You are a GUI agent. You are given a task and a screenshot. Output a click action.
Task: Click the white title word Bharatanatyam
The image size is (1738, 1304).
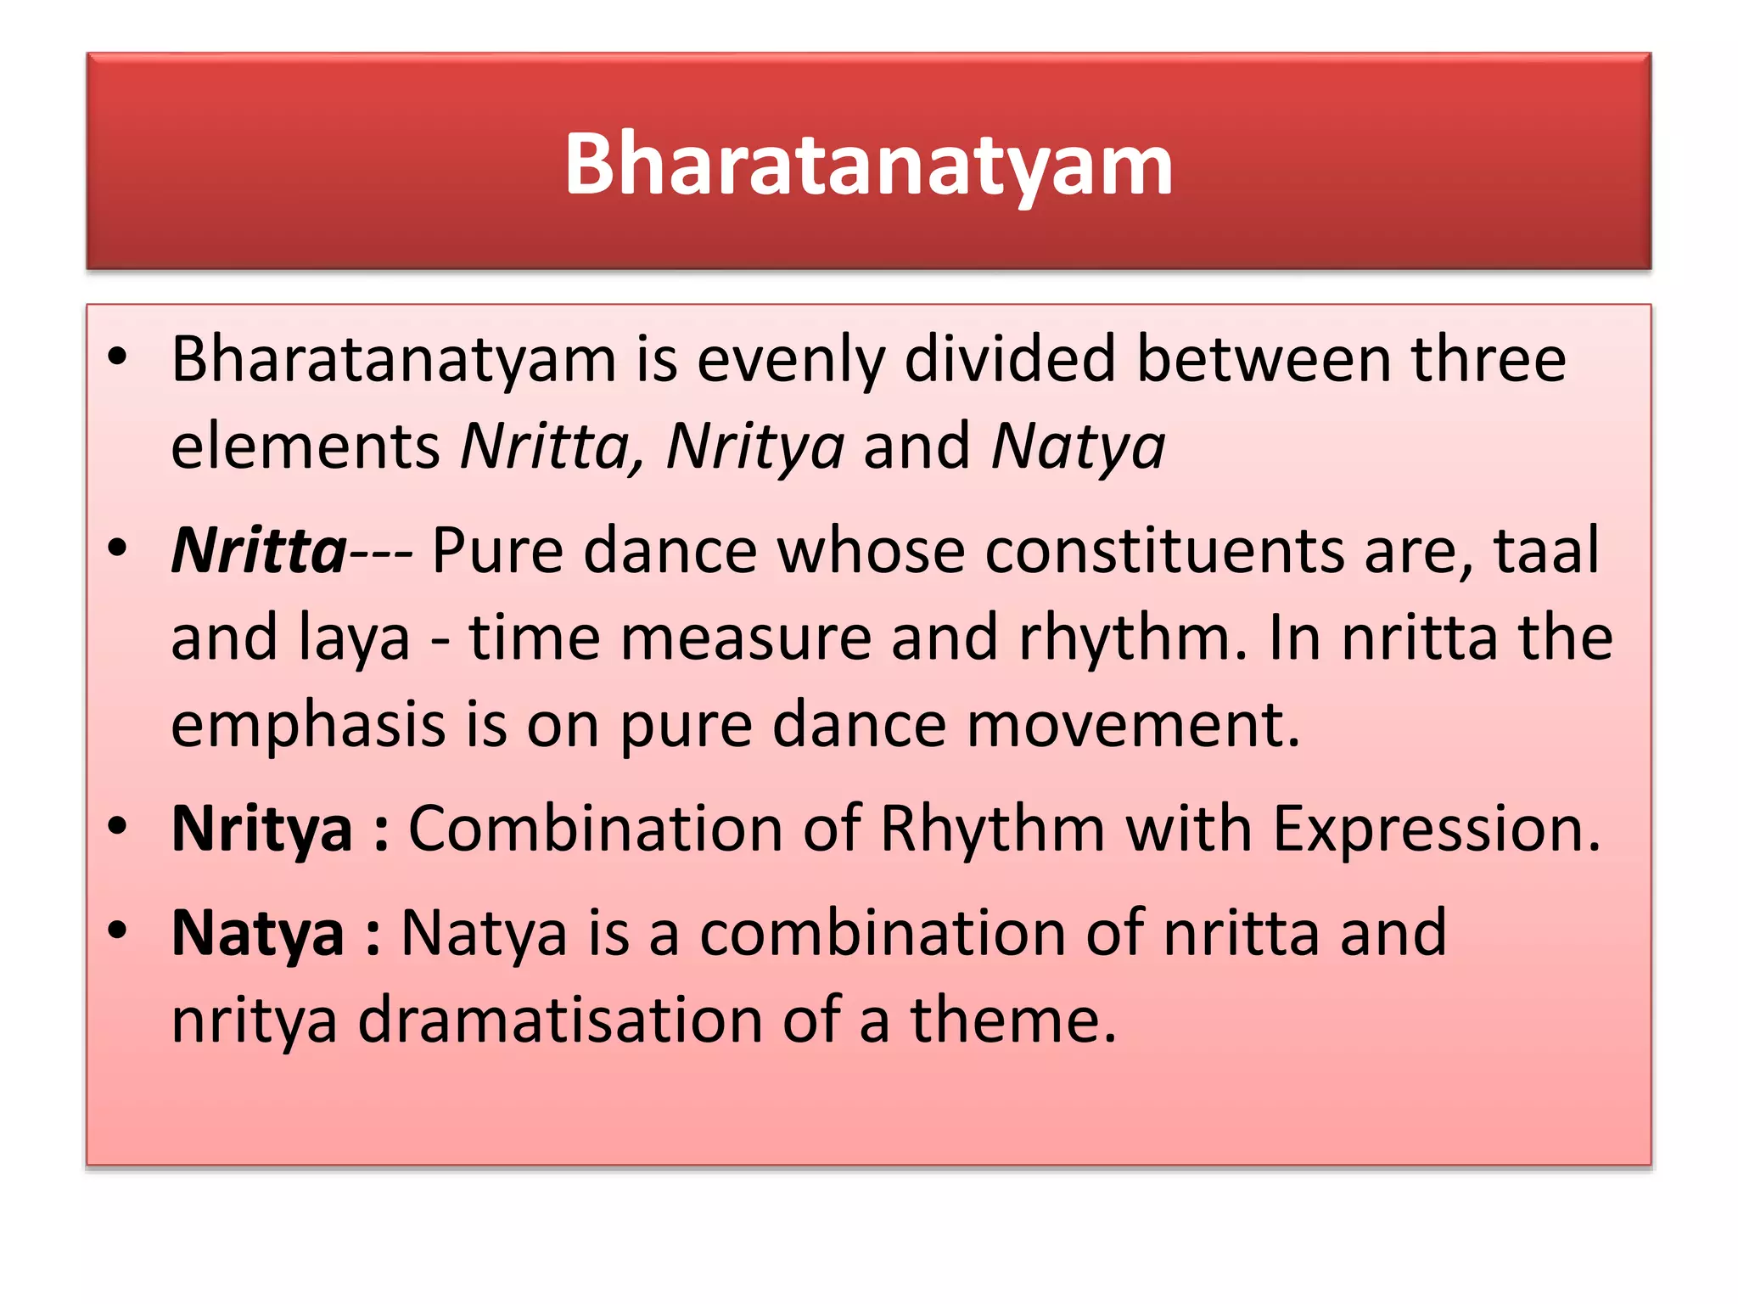868,165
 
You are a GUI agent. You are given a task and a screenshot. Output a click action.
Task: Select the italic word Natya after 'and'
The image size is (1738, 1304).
1079,447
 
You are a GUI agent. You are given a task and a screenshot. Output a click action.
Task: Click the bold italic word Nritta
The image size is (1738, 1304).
259,551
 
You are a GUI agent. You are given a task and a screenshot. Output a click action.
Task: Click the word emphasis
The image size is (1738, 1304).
308,726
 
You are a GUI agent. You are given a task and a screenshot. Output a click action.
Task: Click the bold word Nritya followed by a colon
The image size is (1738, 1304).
261,829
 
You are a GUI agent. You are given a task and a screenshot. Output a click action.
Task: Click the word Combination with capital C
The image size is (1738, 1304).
595,829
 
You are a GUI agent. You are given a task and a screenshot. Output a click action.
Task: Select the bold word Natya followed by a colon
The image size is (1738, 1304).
258,934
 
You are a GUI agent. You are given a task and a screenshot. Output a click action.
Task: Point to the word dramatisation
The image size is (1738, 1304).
560,1020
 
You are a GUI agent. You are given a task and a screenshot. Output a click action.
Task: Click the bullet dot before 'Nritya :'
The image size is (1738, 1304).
118,826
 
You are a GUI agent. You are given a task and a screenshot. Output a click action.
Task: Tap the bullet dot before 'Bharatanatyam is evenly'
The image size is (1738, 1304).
118,357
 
